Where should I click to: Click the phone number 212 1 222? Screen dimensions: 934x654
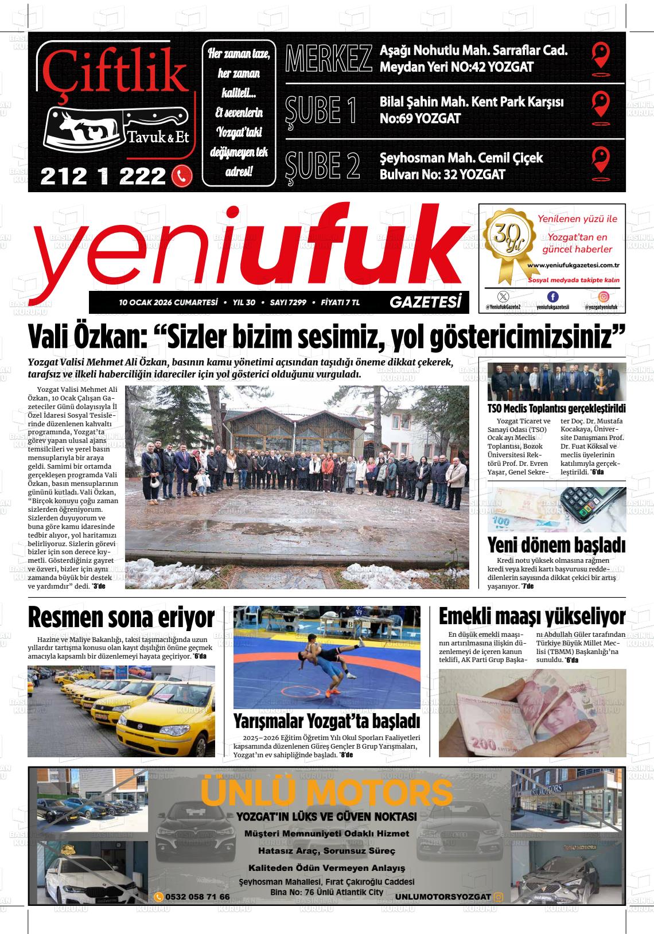pos(103,176)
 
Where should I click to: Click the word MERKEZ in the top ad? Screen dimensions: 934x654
pos(328,59)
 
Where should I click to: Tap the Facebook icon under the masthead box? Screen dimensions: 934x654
pos(552,297)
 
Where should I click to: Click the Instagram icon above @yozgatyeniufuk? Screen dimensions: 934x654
pos(604,297)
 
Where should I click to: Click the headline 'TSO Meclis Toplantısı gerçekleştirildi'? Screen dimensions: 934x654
pos(556,409)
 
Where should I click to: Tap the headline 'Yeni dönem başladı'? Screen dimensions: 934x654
pos(556,544)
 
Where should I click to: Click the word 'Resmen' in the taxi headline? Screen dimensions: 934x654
pos(64,618)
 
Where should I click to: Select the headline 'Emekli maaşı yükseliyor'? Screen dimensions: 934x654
pos(532,617)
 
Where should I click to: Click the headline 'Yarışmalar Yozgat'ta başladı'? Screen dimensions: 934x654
pos(326,721)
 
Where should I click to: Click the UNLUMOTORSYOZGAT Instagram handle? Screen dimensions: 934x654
pos(443,897)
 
